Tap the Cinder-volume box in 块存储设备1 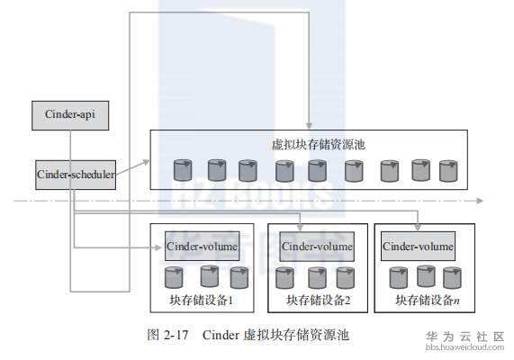point(201,244)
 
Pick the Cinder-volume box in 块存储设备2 point(318,245)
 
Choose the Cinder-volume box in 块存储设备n point(419,245)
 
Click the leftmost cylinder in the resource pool point(183,168)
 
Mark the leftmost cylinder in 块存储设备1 point(173,276)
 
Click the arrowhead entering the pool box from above point(309,125)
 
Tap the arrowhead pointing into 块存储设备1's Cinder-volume point(159,245)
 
